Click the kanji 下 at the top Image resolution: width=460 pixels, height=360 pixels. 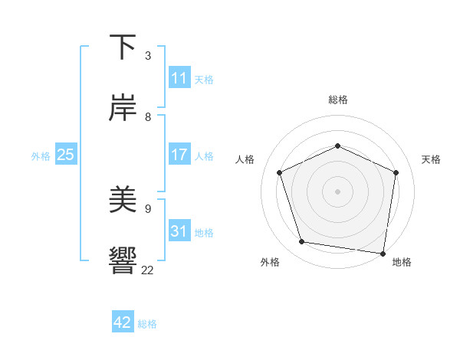pos(123,47)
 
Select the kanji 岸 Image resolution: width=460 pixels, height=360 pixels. pos(123,109)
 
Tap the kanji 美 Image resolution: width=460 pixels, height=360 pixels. pos(123,200)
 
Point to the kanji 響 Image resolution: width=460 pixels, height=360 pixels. pos(123,260)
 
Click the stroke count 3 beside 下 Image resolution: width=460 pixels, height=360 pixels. pos(148,56)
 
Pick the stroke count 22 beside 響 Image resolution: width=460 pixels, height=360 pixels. pos(148,270)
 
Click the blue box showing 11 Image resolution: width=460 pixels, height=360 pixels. pos(179,78)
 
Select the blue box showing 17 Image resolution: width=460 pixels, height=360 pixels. pos(179,155)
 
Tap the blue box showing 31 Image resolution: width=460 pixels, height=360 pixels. pos(179,231)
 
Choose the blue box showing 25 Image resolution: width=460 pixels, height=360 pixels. pos(66,155)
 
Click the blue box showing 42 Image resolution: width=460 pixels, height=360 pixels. pos(123,322)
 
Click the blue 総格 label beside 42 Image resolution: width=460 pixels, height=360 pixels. pos(147,324)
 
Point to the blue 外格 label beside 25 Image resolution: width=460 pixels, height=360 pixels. pos(41,156)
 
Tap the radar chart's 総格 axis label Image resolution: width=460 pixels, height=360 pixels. pos(337,100)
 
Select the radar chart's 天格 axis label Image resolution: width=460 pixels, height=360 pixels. pos(431,159)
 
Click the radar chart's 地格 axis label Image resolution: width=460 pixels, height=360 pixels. pos(402,262)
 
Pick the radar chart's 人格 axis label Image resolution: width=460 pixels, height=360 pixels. pos(245,159)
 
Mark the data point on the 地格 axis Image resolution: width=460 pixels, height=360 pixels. pos(383,253)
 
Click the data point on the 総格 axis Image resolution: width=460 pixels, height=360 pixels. pos(337,146)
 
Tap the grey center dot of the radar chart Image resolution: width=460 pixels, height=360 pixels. pos(337,191)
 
